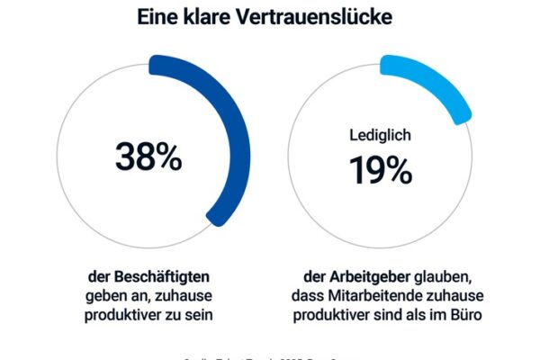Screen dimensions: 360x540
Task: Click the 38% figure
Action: pyautogui.click(x=148, y=157)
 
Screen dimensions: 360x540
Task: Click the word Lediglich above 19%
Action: pyautogui.click(x=382, y=135)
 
